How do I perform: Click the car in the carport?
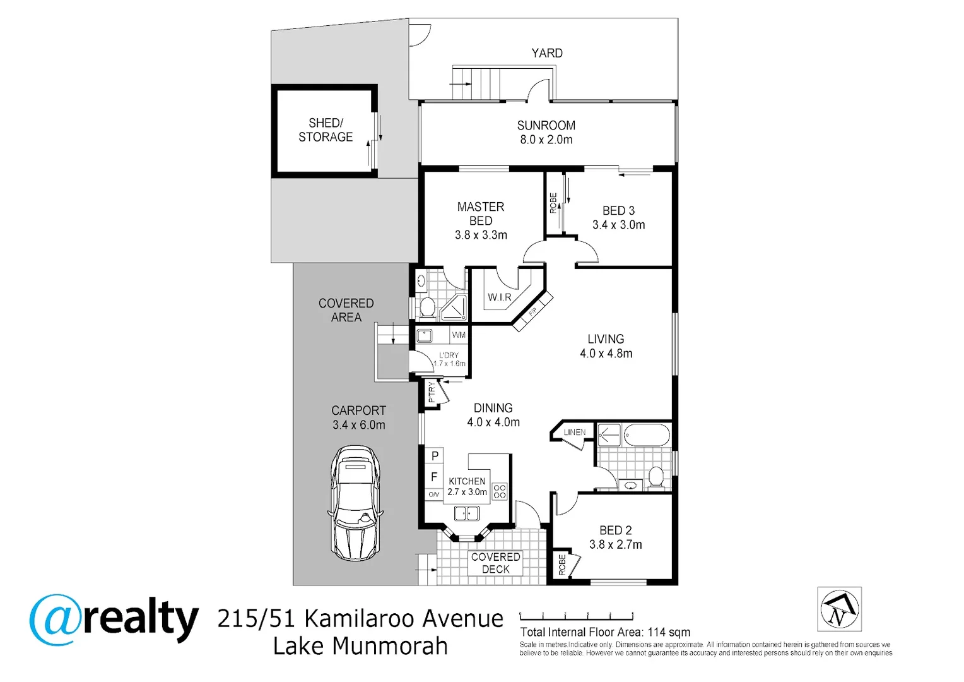coord(355,503)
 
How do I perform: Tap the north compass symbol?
coord(839,609)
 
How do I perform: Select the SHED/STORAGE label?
coord(326,130)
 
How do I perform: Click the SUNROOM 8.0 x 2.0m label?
coord(546,133)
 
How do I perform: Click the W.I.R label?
coord(499,297)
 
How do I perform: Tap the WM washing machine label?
coord(459,335)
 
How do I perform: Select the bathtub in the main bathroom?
coord(647,435)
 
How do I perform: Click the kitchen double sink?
coord(467,513)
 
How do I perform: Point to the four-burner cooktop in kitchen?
coord(500,491)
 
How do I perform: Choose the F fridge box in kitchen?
coord(434,477)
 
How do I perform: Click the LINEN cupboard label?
coord(574,433)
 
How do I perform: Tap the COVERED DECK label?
coord(496,563)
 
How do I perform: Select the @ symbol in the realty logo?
coord(56,619)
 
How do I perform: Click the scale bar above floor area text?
coord(576,617)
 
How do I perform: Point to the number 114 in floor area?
coord(656,632)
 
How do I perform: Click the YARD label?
coord(547,53)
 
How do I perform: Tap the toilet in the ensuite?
coord(427,308)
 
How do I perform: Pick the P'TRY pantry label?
coord(432,392)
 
